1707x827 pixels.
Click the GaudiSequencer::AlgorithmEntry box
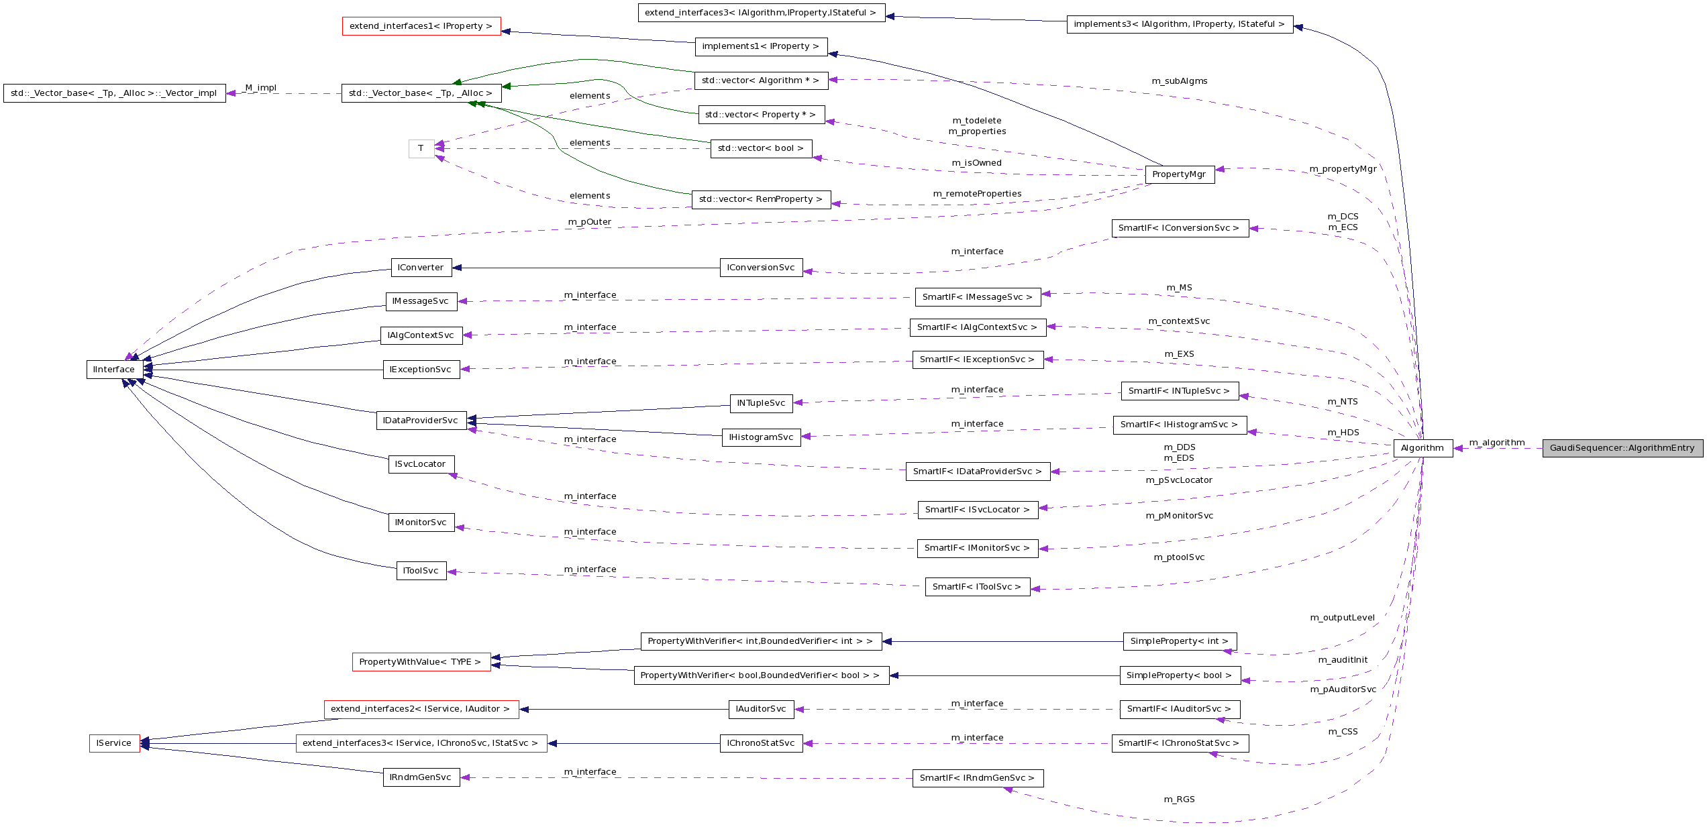click(1622, 448)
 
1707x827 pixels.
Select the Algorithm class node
click(1422, 448)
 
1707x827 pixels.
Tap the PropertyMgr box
click(1179, 174)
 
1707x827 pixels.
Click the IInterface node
click(114, 370)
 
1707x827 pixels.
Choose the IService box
click(114, 743)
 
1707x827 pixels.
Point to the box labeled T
click(421, 148)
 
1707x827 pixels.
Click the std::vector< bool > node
click(760, 148)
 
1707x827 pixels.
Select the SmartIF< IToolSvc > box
click(977, 587)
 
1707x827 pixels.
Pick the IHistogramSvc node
click(761, 437)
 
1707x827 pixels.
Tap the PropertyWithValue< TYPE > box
click(421, 662)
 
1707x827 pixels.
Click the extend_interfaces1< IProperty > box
click(421, 26)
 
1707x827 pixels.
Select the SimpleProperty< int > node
click(1180, 641)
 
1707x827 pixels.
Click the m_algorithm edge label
click(1497, 443)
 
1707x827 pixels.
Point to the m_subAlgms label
click(1180, 81)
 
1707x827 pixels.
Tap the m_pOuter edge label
click(589, 222)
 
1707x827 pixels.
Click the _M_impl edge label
click(260, 88)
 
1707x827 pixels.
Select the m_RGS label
click(1179, 800)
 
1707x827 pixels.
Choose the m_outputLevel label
click(1342, 618)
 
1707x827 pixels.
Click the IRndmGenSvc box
click(421, 777)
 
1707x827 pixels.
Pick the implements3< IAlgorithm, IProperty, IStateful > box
click(1179, 24)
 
